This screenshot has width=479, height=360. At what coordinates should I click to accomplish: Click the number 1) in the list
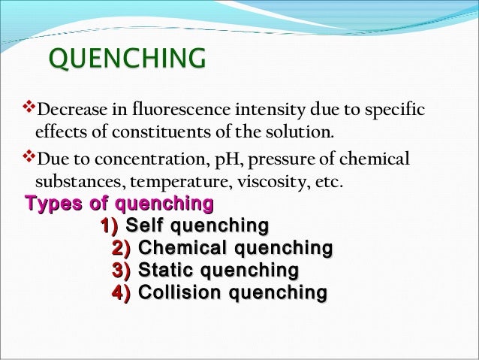tap(110, 226)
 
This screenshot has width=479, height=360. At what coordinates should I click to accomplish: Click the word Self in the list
tap(144, 226)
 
